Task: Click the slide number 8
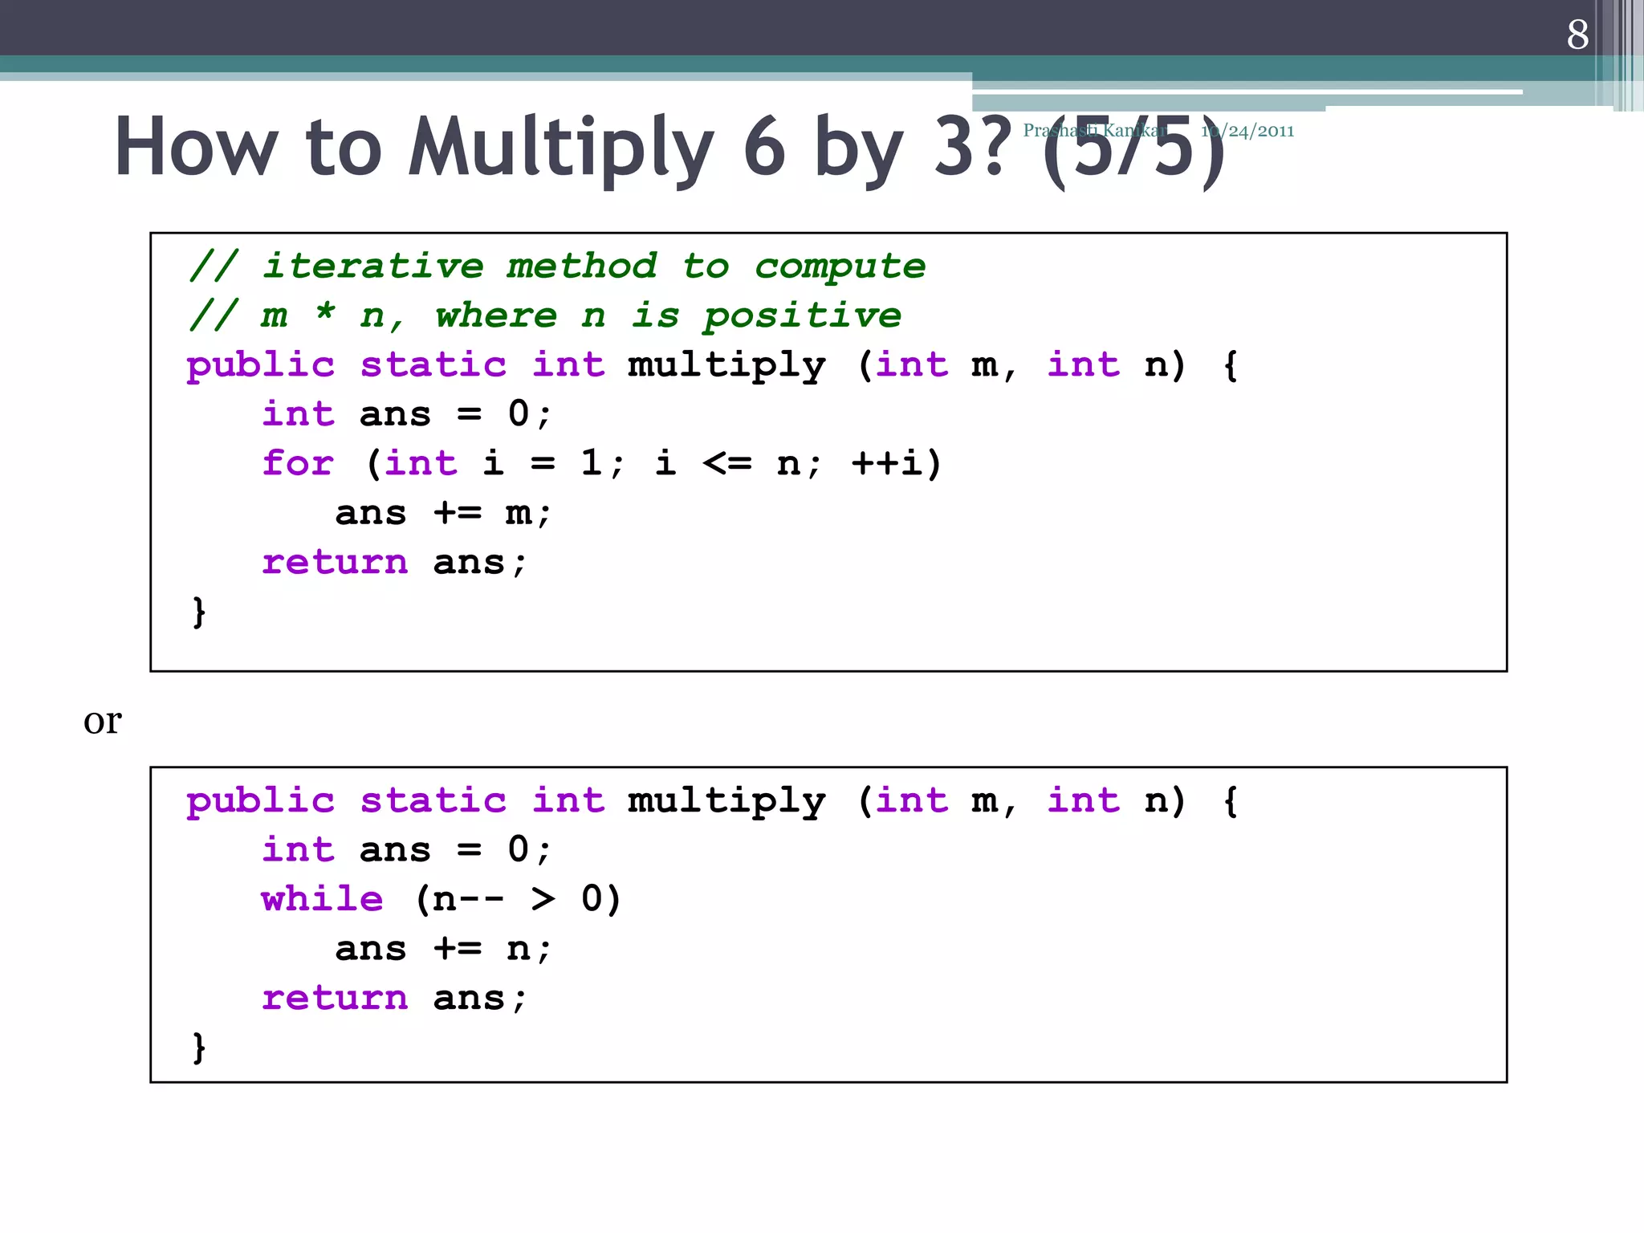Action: pos(1577,35)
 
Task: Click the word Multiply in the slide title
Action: pos(560,149)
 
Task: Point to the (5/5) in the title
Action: pos(1133,149)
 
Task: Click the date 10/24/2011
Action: pos(1247,131)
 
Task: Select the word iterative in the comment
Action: pos(373,266)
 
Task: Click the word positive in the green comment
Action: pos(802,315)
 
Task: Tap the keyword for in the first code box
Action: pos(297,463)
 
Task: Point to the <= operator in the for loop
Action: pos(727,463)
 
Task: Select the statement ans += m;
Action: pos(443,513)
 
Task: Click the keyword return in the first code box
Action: pos(335,563)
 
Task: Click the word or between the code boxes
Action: pos(102,721)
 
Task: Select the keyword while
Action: pos(322,899)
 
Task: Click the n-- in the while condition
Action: pos(468,899)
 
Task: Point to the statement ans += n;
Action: pos(443,949)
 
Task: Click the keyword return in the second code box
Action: pos(335,999)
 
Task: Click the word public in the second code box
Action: pos(260,801)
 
